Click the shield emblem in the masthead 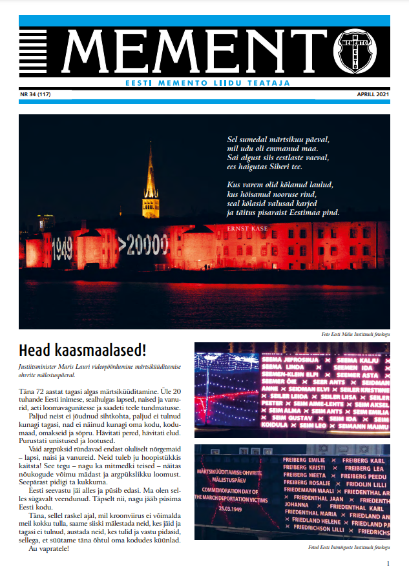point(355,51)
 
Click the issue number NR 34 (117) point(36,94)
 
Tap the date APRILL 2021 point(373,94)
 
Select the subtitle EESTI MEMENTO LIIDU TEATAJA point(207,83)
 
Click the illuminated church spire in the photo point(151,181)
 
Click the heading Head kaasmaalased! point(83,350)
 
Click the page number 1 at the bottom point(387,563)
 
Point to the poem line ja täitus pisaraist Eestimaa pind point(283,212)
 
